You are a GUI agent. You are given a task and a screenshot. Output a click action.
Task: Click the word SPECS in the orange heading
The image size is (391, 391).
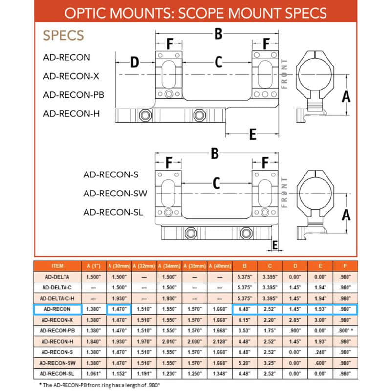(64, 36)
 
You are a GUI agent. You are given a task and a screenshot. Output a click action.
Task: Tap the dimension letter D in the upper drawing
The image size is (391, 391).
(134, 63)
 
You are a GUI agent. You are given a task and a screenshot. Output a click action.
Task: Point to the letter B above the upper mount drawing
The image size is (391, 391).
(218, 34)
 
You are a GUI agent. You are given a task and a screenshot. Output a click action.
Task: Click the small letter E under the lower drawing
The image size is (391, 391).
(275, 244)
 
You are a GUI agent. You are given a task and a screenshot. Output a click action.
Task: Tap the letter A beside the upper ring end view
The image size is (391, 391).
(346, 96)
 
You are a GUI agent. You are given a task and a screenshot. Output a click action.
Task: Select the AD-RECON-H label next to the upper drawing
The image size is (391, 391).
(71, 113)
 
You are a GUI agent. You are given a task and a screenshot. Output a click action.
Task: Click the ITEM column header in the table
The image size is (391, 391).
(57, 266)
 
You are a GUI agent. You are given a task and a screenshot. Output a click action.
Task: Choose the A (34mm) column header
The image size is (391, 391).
(169, 266)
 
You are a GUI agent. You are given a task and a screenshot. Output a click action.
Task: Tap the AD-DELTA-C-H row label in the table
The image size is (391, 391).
(57, 298)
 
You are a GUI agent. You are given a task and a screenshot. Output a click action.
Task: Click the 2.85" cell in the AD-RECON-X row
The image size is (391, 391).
(295, 320)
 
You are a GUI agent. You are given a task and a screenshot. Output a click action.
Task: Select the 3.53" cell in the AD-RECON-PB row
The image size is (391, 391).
(245, 330)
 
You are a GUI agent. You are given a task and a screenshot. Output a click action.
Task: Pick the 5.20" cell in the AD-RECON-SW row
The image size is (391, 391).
(245, 362)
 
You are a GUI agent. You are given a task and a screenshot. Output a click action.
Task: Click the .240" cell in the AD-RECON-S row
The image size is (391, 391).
(321, 351)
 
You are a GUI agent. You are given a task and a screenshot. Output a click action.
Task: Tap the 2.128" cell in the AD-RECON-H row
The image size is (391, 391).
(219, 341)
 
